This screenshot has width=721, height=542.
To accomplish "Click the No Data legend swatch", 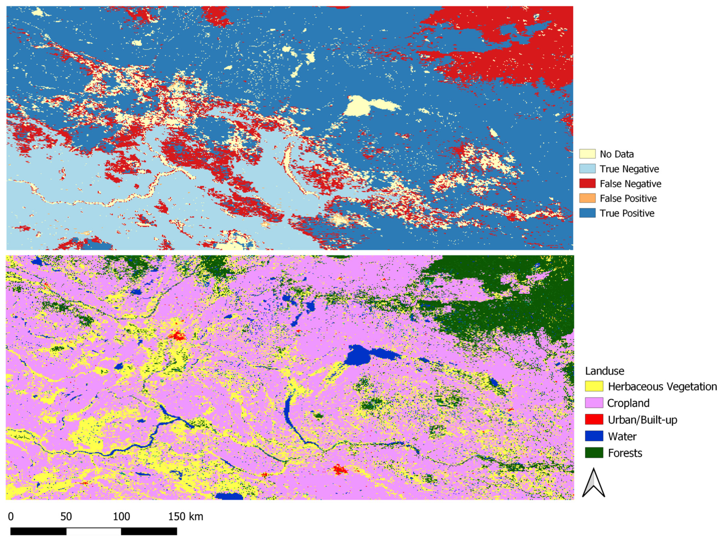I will pyautogui.click(x=587, y=154).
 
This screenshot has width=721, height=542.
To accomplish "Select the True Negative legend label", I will pyautogui.click(x=629, y=169).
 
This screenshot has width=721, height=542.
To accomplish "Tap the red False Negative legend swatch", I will pyautogui.click(x=587, y=184).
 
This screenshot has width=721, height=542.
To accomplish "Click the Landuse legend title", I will pyautogui.click(x=604, y=371).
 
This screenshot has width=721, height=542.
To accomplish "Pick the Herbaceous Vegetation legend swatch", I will pyautogui.click(x=594, y=386).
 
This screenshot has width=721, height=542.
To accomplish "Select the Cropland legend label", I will pyautogui.click(x=628, y=403).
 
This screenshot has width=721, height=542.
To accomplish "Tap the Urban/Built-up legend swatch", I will pyautogui.click(x=594, y=420).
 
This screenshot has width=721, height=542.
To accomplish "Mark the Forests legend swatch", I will pyautogui.click(x=594, y=453).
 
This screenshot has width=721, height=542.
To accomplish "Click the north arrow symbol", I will pyautogui.click(x=594, y=483).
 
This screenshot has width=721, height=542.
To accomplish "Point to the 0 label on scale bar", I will pyautogui.click(x=11, y=517).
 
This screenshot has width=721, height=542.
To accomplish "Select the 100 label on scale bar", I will pyautogui.click(x=121, y=517).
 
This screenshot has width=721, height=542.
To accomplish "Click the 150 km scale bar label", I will pyautogui.click(x=185, y=517).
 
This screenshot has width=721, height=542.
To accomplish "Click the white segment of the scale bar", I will pyautogui.click(x=94, y=531).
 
